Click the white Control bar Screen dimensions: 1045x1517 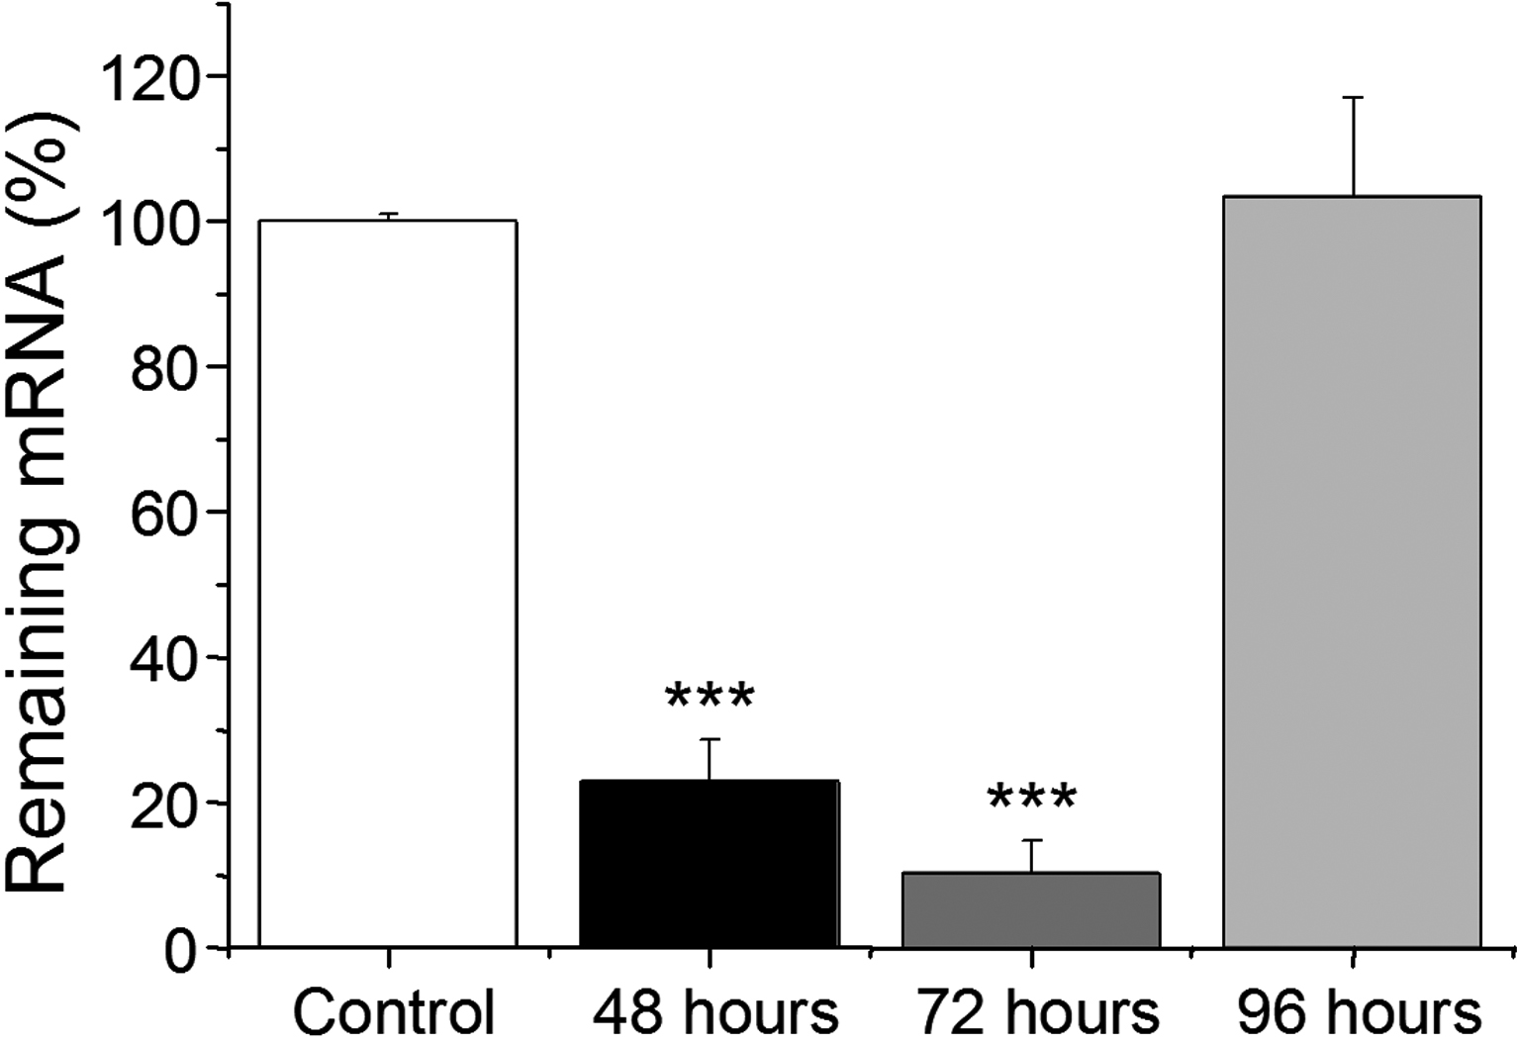click(x=387, y=584)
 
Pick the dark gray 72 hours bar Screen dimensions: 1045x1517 click(x=1030, y=910)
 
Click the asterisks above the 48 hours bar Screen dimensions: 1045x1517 click(x=710, y=697)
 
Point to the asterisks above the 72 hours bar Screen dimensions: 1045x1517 click(x=1031, y=798)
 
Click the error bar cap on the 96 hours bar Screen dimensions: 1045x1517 click(x=1353, y=98)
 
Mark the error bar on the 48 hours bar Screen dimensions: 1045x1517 click(x=710, y=759)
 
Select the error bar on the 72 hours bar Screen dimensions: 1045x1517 click(x=1032, y=856)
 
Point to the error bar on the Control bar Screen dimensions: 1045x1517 click(x=388, y=216)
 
